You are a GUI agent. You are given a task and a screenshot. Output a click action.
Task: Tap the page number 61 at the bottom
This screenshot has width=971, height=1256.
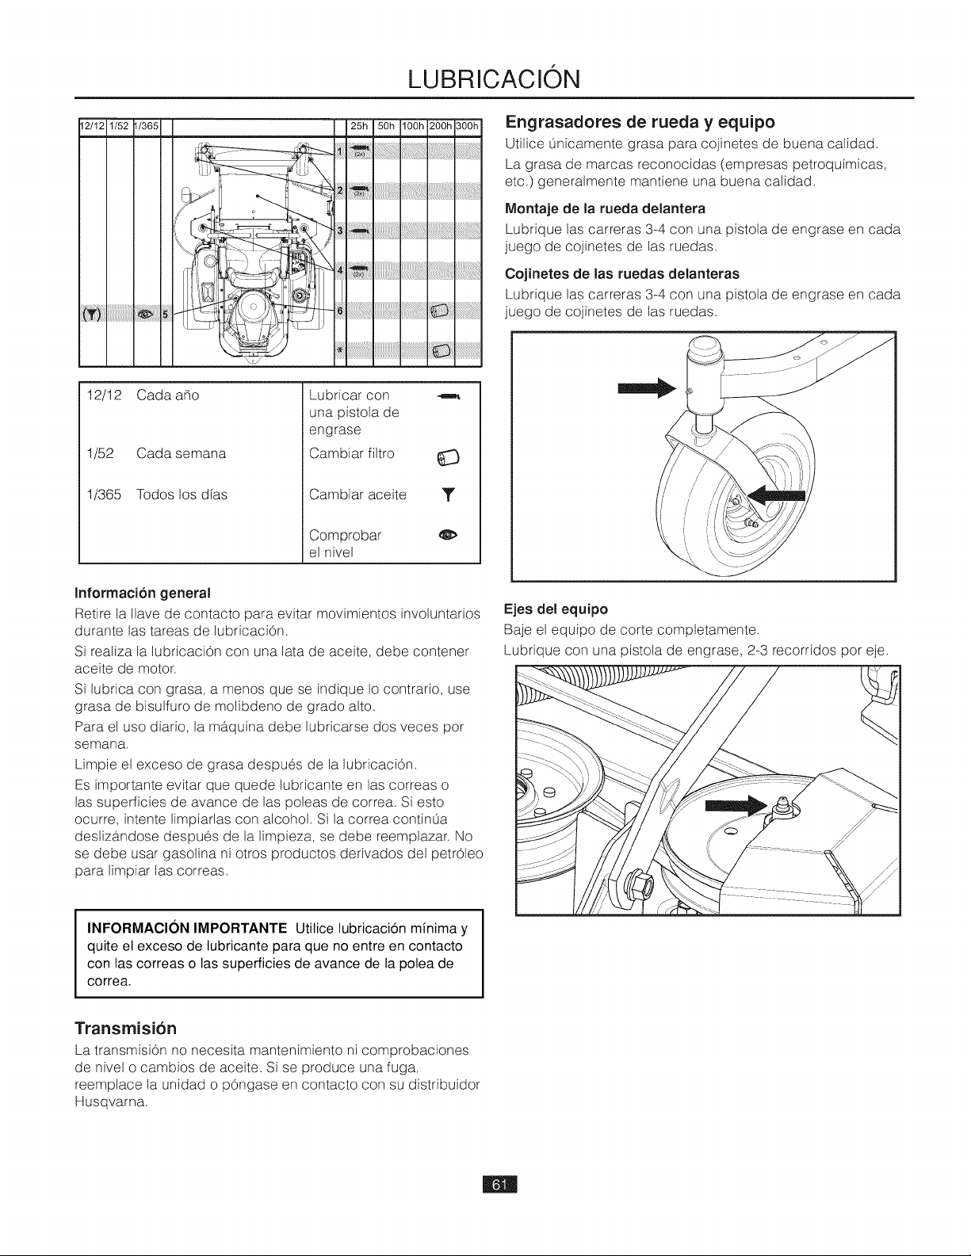(499, 1185)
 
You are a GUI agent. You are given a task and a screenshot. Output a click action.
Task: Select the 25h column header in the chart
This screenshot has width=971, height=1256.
(359, 126)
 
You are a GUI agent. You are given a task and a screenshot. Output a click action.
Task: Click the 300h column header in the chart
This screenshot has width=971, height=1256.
(468, 126)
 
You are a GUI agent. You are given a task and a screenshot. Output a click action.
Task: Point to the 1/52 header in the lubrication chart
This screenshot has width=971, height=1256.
(119, 126)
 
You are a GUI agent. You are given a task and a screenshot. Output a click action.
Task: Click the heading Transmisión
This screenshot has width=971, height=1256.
(125, 1029)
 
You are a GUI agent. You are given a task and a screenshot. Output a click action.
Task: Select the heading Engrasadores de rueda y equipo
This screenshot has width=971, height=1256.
(640, 122)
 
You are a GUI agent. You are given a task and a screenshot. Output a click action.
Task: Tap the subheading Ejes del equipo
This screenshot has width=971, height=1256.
(556, 609)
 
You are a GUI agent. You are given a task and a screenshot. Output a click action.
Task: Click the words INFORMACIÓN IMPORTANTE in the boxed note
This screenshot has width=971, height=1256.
(187, 929)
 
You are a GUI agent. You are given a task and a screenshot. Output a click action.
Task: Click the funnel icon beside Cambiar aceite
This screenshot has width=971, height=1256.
(449, 494)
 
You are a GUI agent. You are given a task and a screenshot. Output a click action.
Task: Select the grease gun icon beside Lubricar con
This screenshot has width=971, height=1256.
(449, 396)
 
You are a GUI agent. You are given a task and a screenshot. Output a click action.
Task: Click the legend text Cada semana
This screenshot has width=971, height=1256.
(181, 454)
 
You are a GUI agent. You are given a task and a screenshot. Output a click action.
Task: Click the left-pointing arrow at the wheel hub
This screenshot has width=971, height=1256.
(775, 494)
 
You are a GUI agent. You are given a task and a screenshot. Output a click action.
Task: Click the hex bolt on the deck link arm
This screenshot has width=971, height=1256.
(641, 883)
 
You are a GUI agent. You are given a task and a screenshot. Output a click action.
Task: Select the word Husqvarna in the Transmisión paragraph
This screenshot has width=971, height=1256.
(111, 1102)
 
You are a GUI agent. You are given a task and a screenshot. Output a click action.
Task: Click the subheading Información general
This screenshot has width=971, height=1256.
(142, 593)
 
